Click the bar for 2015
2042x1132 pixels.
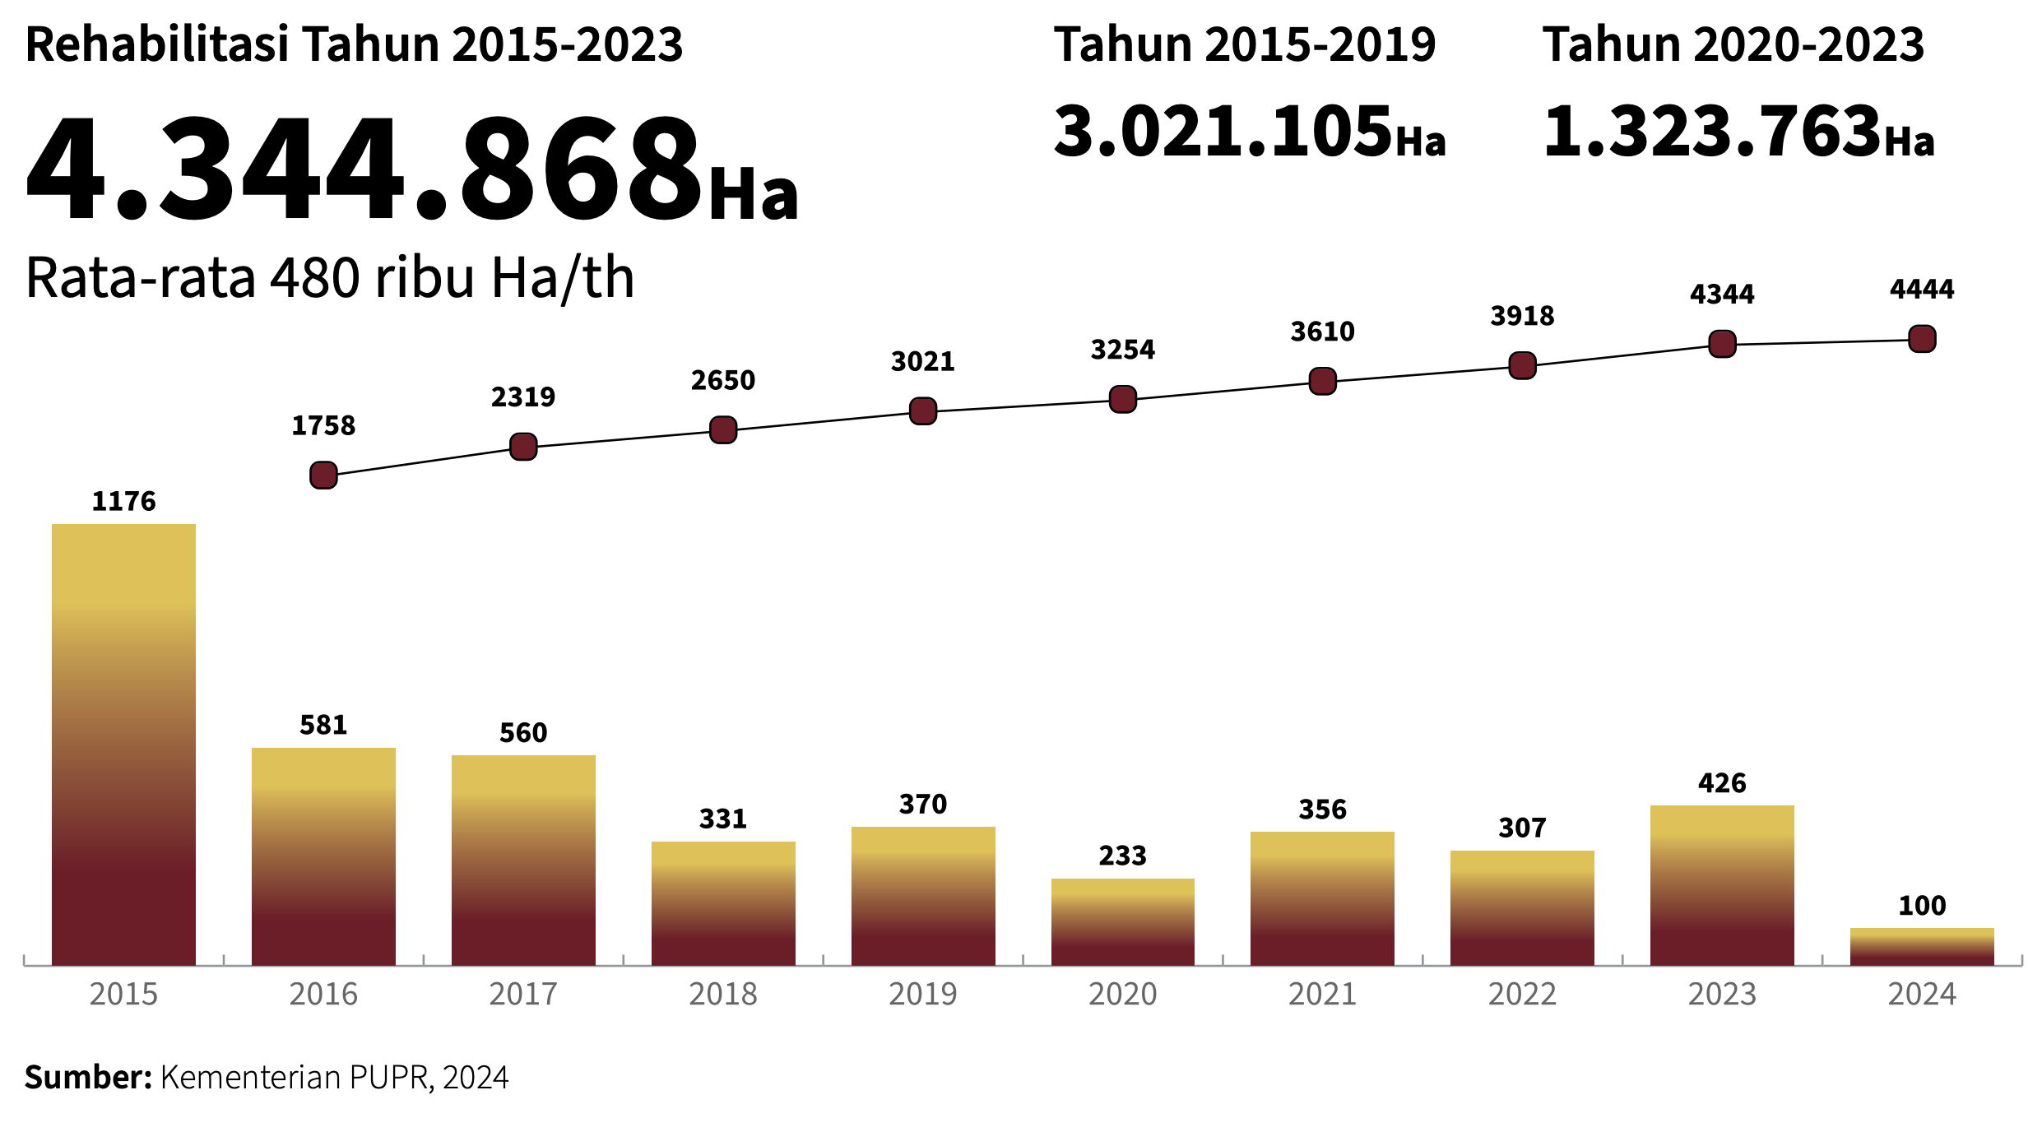tap(123, 745)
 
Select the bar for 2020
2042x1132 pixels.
tap(1122, 921)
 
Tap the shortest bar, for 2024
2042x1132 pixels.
tap(1922, 946)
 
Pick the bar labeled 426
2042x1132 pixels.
tap(1722, 885)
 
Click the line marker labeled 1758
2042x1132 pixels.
tap(323, 475)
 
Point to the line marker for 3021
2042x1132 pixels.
tap(923, 411)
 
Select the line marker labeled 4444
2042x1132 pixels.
tap(1922, 338)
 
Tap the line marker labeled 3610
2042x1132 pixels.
tap(1322, 381)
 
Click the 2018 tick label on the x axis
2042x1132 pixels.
tap(723, 995)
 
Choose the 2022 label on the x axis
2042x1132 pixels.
tap(1522, 995)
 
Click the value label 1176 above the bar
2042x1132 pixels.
tap(123, 501)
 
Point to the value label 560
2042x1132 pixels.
tap(523, 732)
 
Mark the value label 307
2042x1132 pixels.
tap(1522, 827)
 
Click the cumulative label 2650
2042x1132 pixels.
tap(723, 380)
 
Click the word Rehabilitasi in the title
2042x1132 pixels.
tap(156, 44)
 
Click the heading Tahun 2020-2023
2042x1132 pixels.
tap(1733, 44)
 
